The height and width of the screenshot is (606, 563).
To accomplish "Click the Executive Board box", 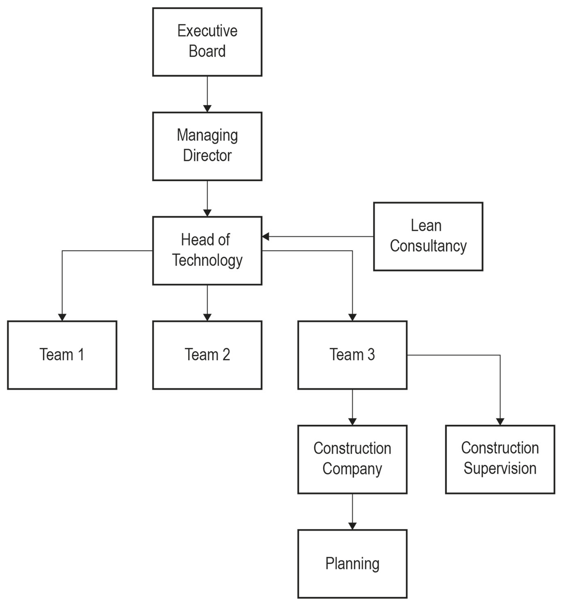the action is click(x=207, y=42).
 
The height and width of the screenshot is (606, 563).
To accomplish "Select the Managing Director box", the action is click(x=207, y=146).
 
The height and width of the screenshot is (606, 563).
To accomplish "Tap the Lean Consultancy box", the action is click(x=428, y=236).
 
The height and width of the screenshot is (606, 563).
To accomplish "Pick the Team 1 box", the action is click(x=62, y=355).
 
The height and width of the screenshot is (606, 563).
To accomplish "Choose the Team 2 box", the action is click(x=207, y=355).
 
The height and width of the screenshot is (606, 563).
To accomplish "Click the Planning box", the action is click(x=352, y=564).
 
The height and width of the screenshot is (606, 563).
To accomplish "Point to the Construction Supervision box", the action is click(x=500, y=459).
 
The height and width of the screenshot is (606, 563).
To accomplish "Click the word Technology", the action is click(x=207, y=261).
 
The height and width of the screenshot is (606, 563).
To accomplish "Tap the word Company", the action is click(x=352, y=469).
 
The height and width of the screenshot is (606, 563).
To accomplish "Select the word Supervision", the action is click(x=500, y=469).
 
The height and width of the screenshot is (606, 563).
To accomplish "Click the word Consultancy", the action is click(x=428, y=246).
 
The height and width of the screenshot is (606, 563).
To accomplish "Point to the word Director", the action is click(x=207, y=155).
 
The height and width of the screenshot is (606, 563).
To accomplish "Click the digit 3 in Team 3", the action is click(x=371, y=355).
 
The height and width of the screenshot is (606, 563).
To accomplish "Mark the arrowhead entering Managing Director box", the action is click(x=207, y=108).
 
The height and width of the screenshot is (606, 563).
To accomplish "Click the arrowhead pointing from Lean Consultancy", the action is click(x=266, y=236).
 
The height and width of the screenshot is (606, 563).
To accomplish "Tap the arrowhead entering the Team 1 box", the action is click(x=62, y=317).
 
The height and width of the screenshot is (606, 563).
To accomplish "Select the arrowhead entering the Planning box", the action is click(x=352, y=526).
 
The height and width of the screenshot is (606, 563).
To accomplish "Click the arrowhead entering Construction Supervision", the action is click(x=500, y=421).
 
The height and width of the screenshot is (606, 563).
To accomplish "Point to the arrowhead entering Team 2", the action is click(x=207, y=317).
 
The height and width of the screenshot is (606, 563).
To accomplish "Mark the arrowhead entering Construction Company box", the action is click(x=352, y=421).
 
